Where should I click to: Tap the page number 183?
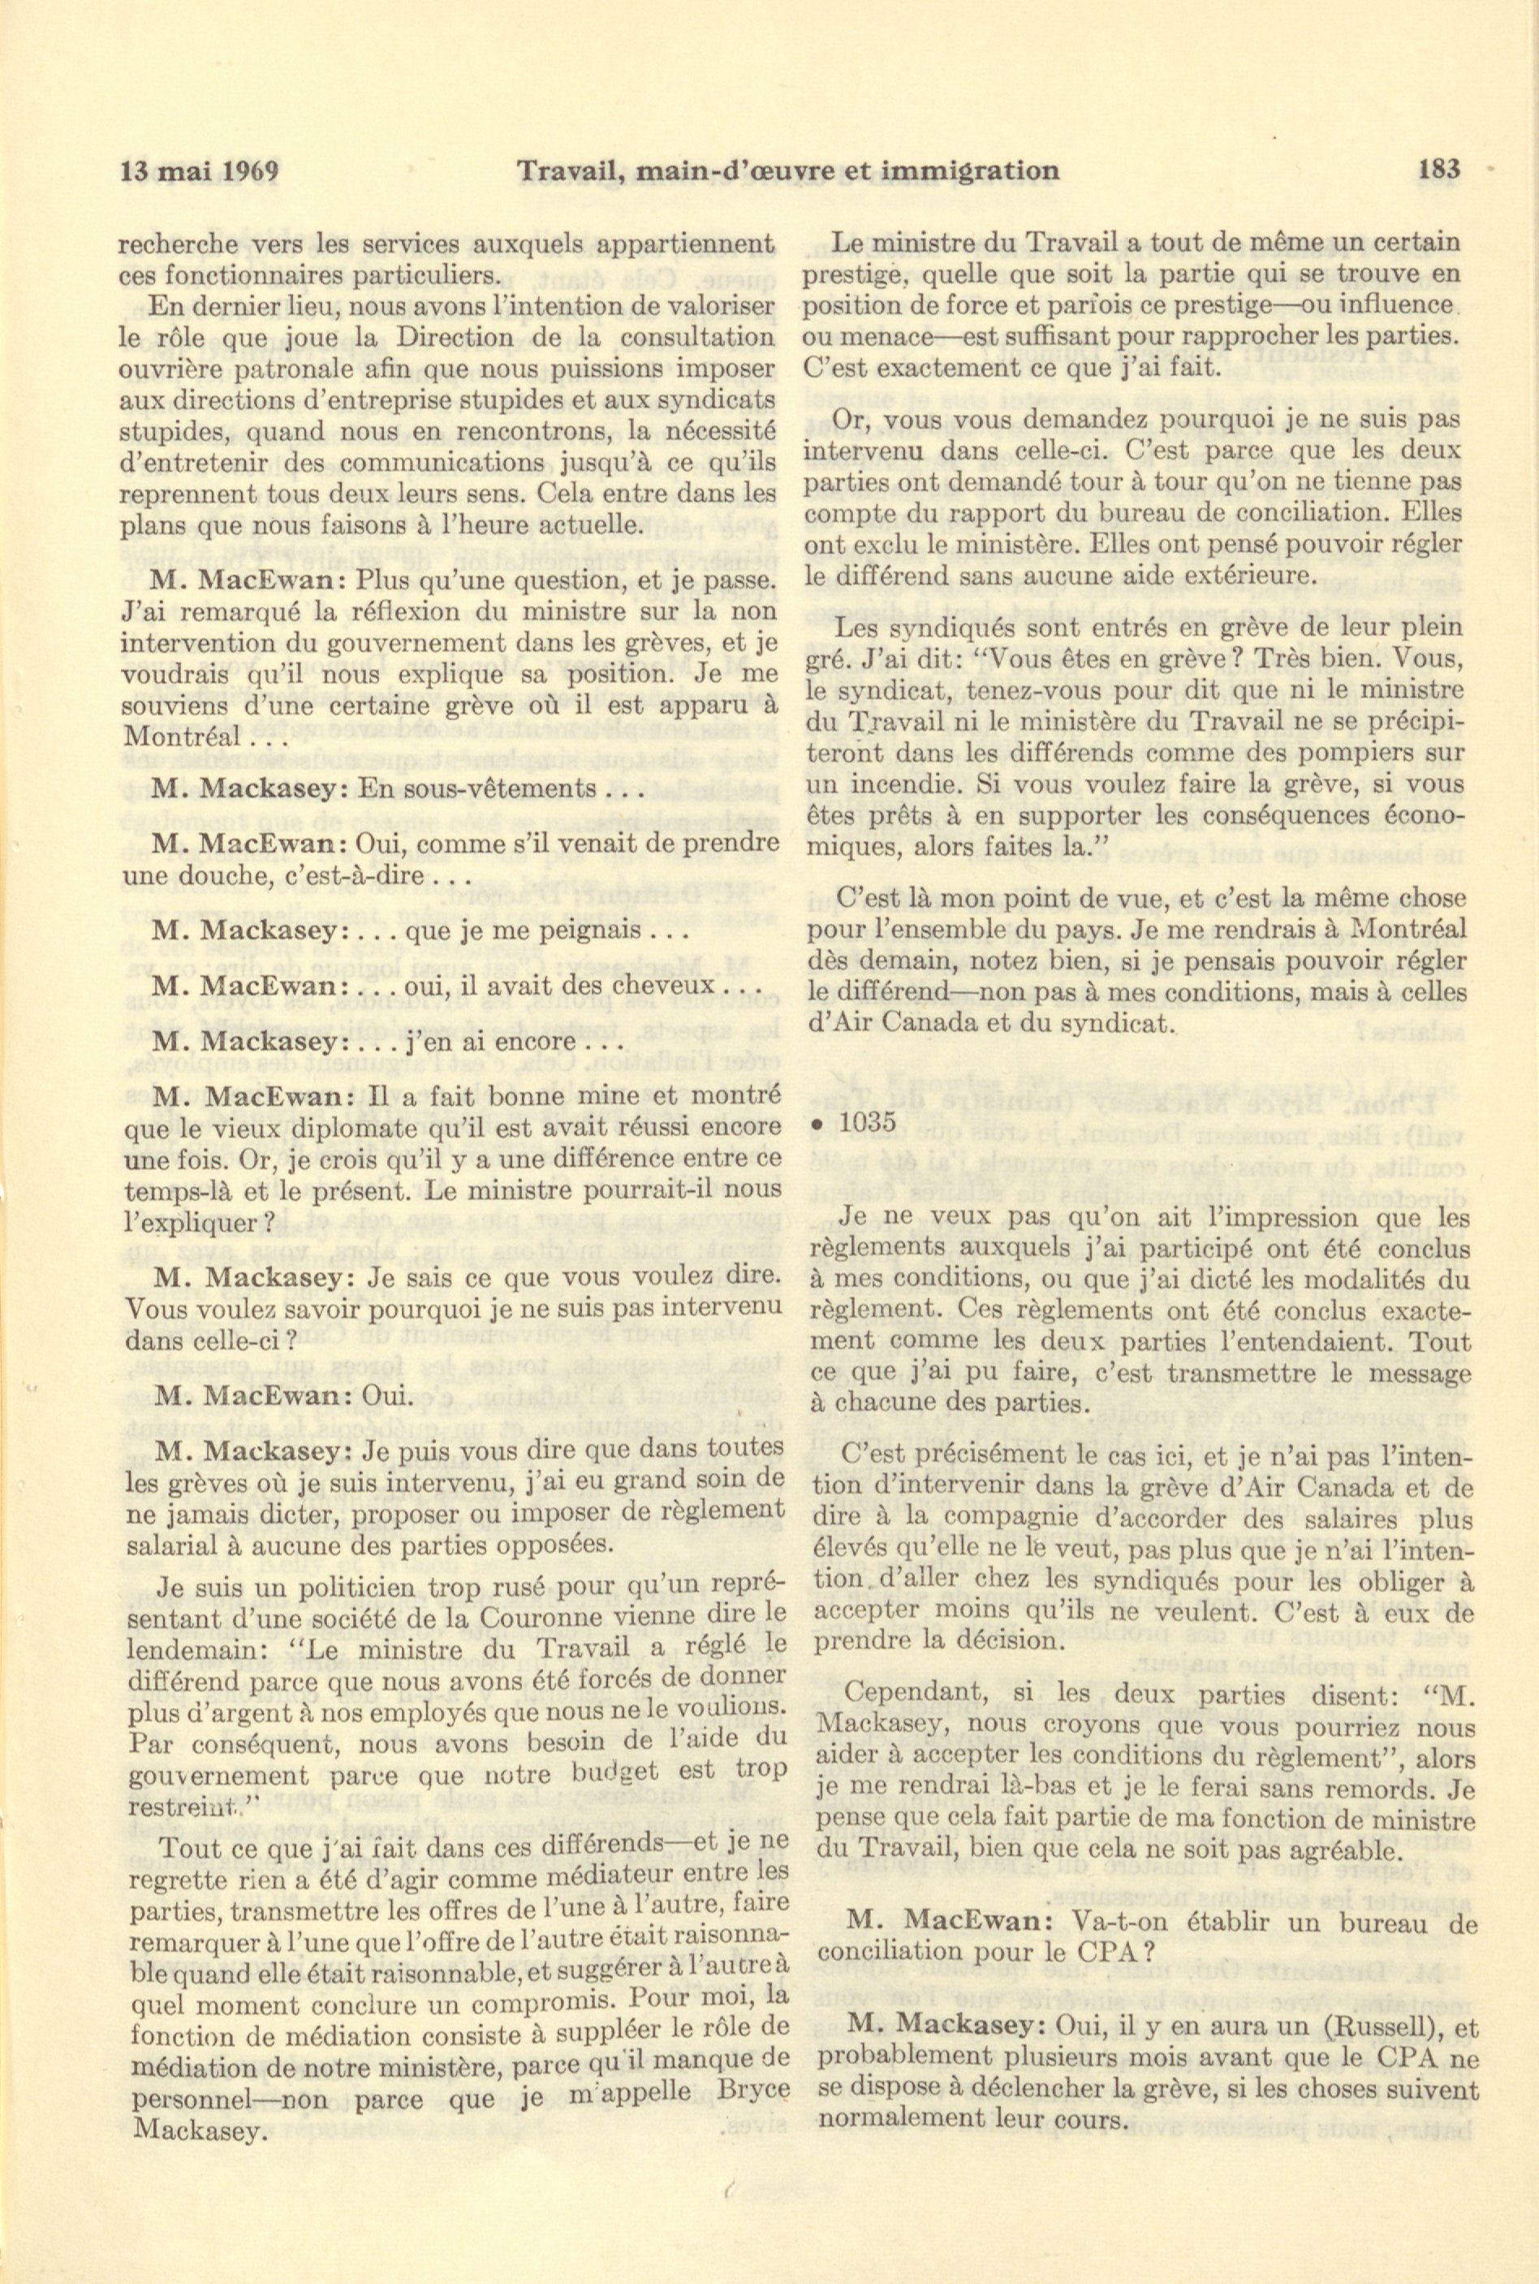click(1439, 169)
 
